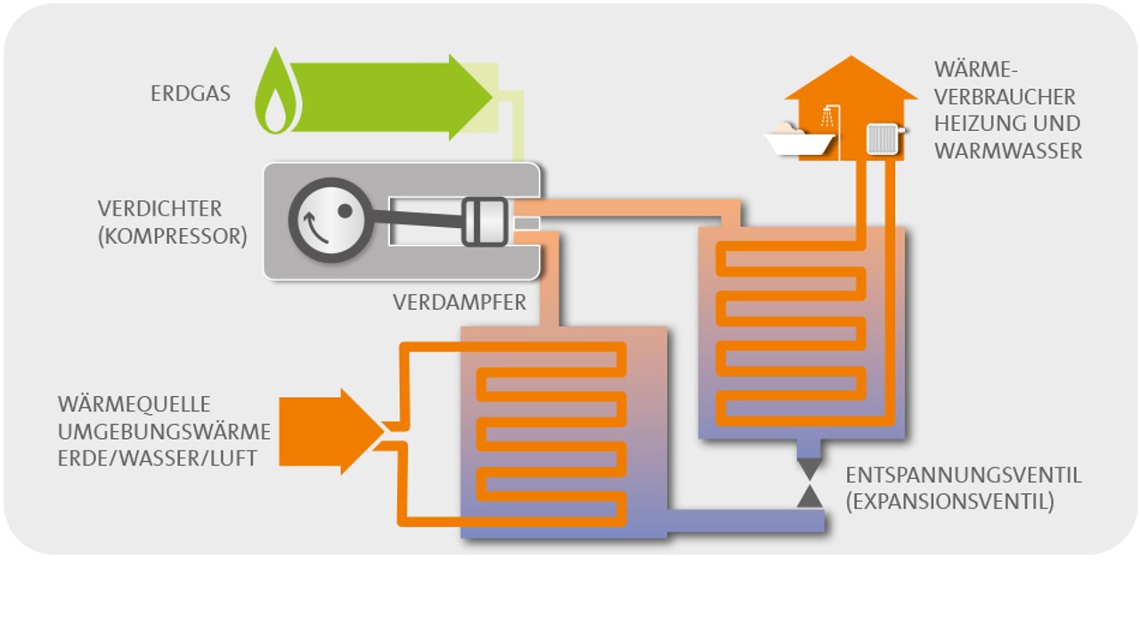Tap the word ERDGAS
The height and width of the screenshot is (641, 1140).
(191, 93)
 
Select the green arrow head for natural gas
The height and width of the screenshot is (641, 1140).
(470, 96)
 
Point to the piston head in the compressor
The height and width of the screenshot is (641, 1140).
(484, 221)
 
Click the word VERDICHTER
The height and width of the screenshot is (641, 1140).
(159, 209)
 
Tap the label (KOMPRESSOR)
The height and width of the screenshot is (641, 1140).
(172, 238)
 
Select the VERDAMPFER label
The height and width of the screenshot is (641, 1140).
(460, 303)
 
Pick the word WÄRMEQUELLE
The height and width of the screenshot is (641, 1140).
(134, 405)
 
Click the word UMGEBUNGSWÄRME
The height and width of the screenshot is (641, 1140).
(164, 432)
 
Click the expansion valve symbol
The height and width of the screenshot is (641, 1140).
(810, 483)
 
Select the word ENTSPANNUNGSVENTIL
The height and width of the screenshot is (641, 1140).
(964, 475)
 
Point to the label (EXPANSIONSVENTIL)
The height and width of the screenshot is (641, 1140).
(949, 502)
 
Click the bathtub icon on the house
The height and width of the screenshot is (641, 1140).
(799, 139)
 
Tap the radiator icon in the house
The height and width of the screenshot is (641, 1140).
(883, 138)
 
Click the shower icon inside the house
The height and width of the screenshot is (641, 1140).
(830, 117)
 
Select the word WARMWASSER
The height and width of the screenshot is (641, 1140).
(1008, 151)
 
